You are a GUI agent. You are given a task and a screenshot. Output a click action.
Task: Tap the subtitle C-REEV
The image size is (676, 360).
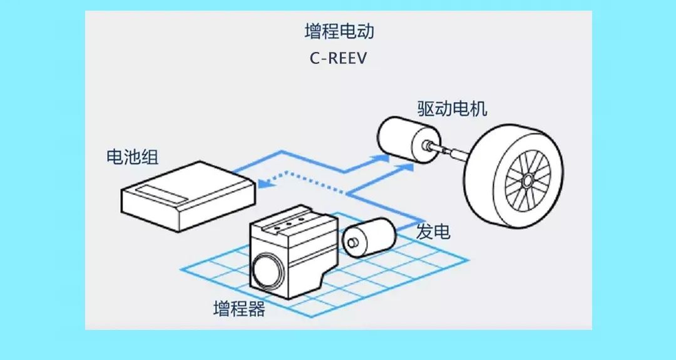[x=339, y=58]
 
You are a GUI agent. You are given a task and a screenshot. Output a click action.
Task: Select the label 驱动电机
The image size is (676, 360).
[x=452, y=108]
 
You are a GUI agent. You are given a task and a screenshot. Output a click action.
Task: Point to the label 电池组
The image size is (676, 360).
[x=132, y=157]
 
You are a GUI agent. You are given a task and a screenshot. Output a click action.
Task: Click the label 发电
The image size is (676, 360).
[x=433, y=232]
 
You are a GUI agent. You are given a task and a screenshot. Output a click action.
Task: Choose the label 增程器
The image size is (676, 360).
[x=238, y=309]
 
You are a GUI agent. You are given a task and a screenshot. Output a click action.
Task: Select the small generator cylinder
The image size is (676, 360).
[x=373, y=236]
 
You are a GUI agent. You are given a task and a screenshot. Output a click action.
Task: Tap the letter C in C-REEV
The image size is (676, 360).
[x=314, y=58]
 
